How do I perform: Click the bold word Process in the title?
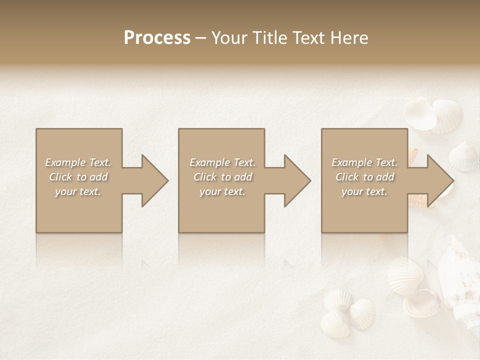[157, 38]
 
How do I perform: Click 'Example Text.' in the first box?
[78, 162]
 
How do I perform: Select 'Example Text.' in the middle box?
[222, 162]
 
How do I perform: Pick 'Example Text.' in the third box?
[364, 162]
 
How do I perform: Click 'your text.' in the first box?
[78, 191]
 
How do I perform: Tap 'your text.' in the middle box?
[222, 191]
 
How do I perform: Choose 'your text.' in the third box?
[364, 191]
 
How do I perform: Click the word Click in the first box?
[61, 177]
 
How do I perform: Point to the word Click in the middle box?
[205, 177]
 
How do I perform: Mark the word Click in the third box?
[347, 177]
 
